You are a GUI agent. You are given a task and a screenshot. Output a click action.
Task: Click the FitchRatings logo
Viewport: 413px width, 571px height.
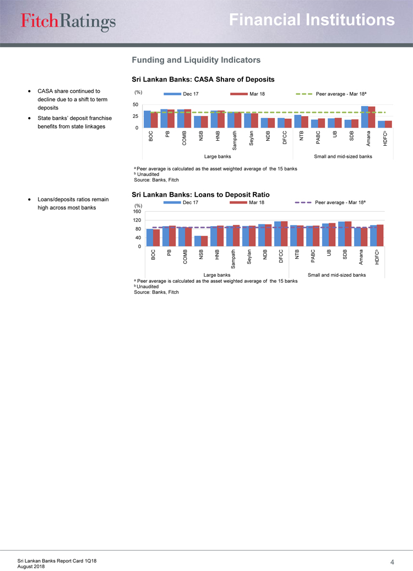click(69, 20)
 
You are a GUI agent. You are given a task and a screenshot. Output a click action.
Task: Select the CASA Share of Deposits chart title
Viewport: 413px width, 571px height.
click(203, 79)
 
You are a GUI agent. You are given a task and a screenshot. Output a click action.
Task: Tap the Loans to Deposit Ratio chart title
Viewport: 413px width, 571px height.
click(200, 194)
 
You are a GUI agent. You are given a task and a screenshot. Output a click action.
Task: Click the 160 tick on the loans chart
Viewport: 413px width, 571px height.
click(137, 212)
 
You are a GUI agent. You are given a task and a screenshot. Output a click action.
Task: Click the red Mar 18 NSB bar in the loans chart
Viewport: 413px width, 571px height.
click(205, 241)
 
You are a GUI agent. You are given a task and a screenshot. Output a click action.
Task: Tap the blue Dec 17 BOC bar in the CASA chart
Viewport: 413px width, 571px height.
click(147, 119)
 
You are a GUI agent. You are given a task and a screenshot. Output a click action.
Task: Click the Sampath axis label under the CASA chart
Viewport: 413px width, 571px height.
click(235, 141)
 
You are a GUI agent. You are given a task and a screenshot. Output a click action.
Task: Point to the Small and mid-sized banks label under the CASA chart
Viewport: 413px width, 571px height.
click(343, 156)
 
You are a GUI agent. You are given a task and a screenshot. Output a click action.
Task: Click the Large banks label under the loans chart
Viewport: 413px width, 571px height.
click(217, 274)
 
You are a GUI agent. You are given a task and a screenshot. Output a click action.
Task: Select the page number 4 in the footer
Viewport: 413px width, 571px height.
click(392, 562)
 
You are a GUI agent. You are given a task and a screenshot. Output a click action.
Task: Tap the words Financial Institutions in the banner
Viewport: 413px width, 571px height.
click(312, 20)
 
